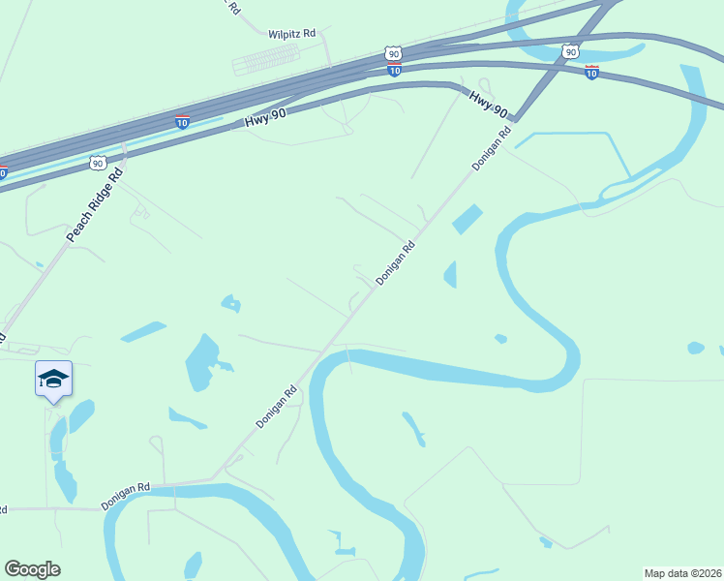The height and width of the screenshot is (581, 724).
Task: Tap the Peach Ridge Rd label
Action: (x=96, y=205)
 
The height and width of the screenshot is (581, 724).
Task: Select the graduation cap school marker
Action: (x=53, y=379)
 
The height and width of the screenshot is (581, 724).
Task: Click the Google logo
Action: (x=32, y=569)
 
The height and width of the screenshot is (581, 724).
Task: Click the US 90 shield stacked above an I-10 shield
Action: (x=392, y=53)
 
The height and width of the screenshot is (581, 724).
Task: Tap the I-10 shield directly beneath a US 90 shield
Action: (x=394, y=71)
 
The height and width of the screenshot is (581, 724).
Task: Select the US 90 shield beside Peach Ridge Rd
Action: (x=98, y=163)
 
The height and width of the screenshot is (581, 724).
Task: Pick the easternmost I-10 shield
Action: (x=591, y=72)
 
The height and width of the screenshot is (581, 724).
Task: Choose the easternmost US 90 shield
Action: (x=571, y=51)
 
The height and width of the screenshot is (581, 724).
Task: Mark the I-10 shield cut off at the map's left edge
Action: (x=3, y=173)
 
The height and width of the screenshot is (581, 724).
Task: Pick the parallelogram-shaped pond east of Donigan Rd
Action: (x=467, y=219)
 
